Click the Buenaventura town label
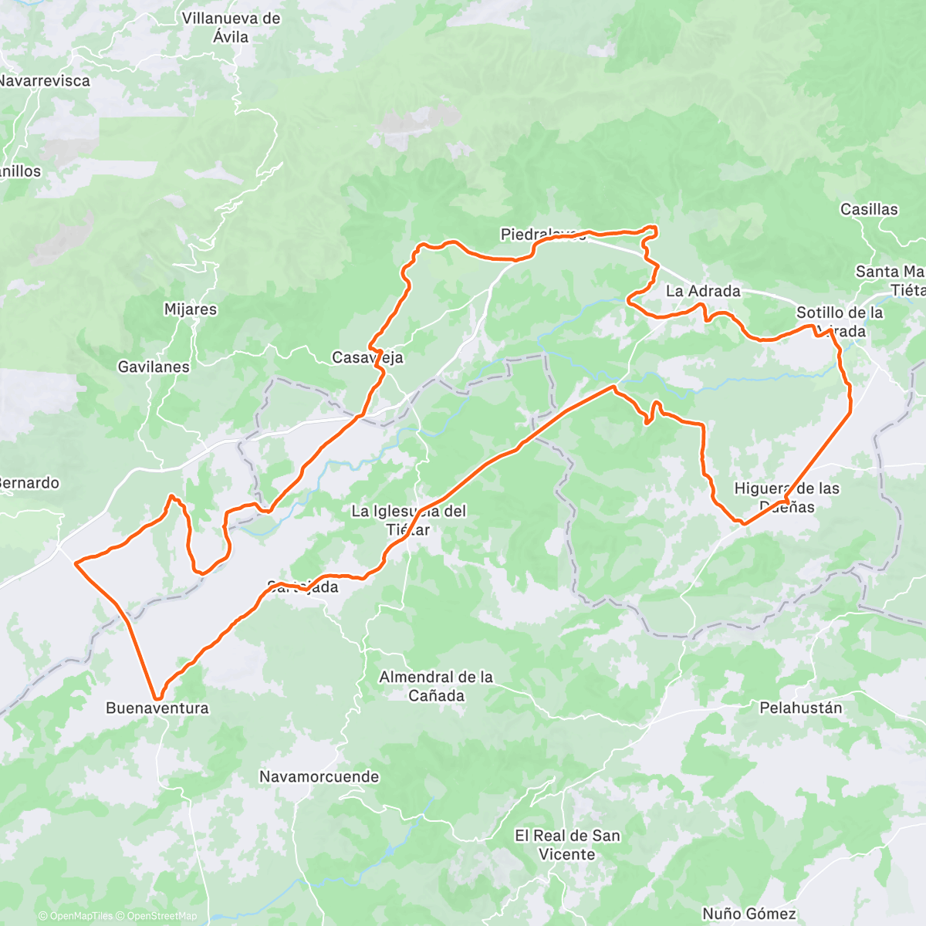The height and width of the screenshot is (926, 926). pyautogui.click(x=157, y=708)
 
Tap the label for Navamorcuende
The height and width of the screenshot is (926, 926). pyautogui.click(x=319, y=776)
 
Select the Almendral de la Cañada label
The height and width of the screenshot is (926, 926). pyautogui.click(x=436, y=686)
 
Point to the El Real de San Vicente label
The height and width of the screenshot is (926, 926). pyautogui.click(x=567, y=844)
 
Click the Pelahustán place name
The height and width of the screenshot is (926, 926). pyautogui.click(x=801, y=708)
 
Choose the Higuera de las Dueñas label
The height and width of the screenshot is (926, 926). pyautogui.click(x=786, y=497)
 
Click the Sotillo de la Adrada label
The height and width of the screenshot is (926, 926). pyautogui.click(x=840, y=322)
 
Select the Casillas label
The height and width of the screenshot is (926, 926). pyautogui.click(x=869, y=209)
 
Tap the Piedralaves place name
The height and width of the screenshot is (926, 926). pyautogui.click(x=542, y=234)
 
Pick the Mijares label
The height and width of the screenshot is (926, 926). pyautogui.click(x=191, y=309)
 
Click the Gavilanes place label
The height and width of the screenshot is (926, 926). pyautogui.click(x=154, y=367)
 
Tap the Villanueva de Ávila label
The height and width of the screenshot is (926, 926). pyautogui.click(x=231, y=27)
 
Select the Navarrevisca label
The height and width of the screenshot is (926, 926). pyautogui.click(x=45, y=80)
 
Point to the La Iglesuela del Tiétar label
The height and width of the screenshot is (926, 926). pyautogui.click(x=408, y=520)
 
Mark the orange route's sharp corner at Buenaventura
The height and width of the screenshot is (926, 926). pyautogui.click(x=157, y=698)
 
